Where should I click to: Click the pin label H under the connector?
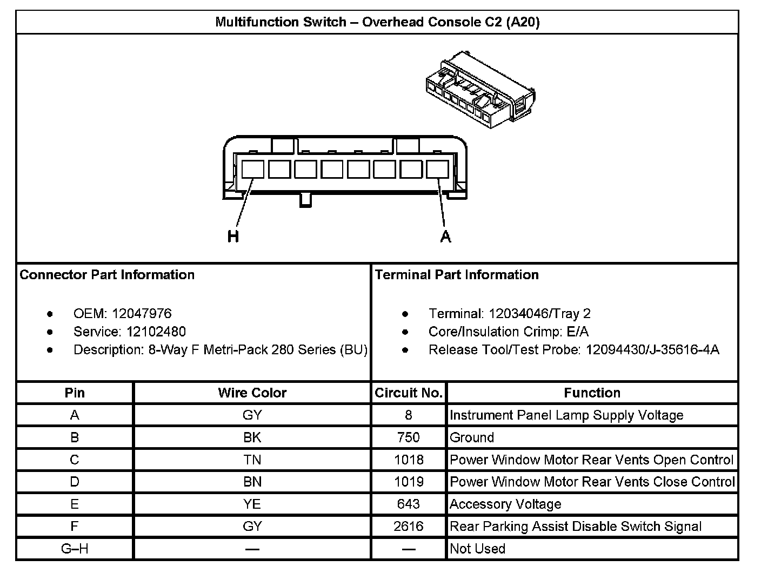point(233,237)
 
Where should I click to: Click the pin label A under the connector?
point(445,237)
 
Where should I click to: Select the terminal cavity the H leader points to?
point(252,169)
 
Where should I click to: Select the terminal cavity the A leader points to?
point(437,169)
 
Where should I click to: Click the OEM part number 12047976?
point(142,314)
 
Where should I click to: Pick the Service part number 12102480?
point(156,332)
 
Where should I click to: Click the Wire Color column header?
point(252,393)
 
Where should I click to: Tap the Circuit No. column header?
point(409,393)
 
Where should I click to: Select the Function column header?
point(592,393)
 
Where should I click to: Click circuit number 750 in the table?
point(408,437)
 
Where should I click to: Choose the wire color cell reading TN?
point(252,460)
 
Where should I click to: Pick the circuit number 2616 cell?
point(408,526)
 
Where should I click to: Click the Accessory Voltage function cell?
point(505,504)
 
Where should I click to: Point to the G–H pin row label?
point(75,549)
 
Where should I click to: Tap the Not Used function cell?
point(477,549)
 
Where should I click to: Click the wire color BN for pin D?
point(252,482)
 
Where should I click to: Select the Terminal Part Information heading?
point(457,275)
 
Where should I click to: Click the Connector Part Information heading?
point(107,275)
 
